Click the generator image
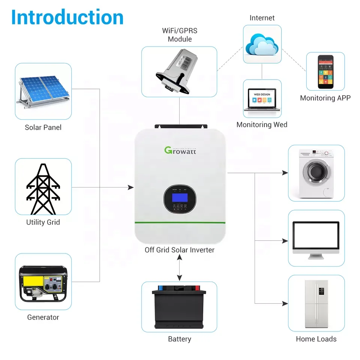[43, 283]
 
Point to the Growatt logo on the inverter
[180, 150]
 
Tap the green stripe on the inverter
[180, 223]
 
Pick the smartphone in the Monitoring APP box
[325, 72]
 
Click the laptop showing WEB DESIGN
[262, 99]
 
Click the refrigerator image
[316, 304]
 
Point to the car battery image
[179, 306]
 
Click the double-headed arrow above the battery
[180, 269]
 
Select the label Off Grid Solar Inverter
[180, 250]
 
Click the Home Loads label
[316, 339]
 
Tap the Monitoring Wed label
[262, 124]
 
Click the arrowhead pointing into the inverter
[131, 187]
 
